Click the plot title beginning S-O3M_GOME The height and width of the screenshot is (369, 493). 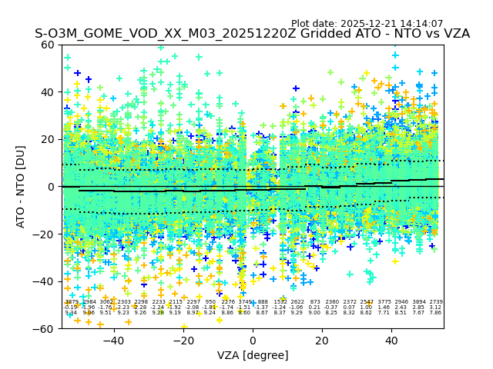(252, 34)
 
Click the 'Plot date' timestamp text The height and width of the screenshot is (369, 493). (367, 24)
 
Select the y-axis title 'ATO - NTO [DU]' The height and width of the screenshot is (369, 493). (22, 186)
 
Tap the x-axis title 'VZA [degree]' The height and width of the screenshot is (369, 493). (253, 355)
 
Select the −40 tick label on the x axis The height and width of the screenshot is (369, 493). (113, 340)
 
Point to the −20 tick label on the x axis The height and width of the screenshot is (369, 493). (183, 340)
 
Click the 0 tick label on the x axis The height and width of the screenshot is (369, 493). (253, 340)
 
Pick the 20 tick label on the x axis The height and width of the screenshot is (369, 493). (322, 340)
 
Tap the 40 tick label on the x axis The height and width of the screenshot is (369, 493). (391, 340)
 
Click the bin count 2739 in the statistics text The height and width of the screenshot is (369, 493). (436, 302)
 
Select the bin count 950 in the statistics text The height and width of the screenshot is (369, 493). (210, 302)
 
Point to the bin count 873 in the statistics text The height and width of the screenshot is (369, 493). (314, 302)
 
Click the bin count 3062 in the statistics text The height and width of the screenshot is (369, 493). (106, 302)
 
